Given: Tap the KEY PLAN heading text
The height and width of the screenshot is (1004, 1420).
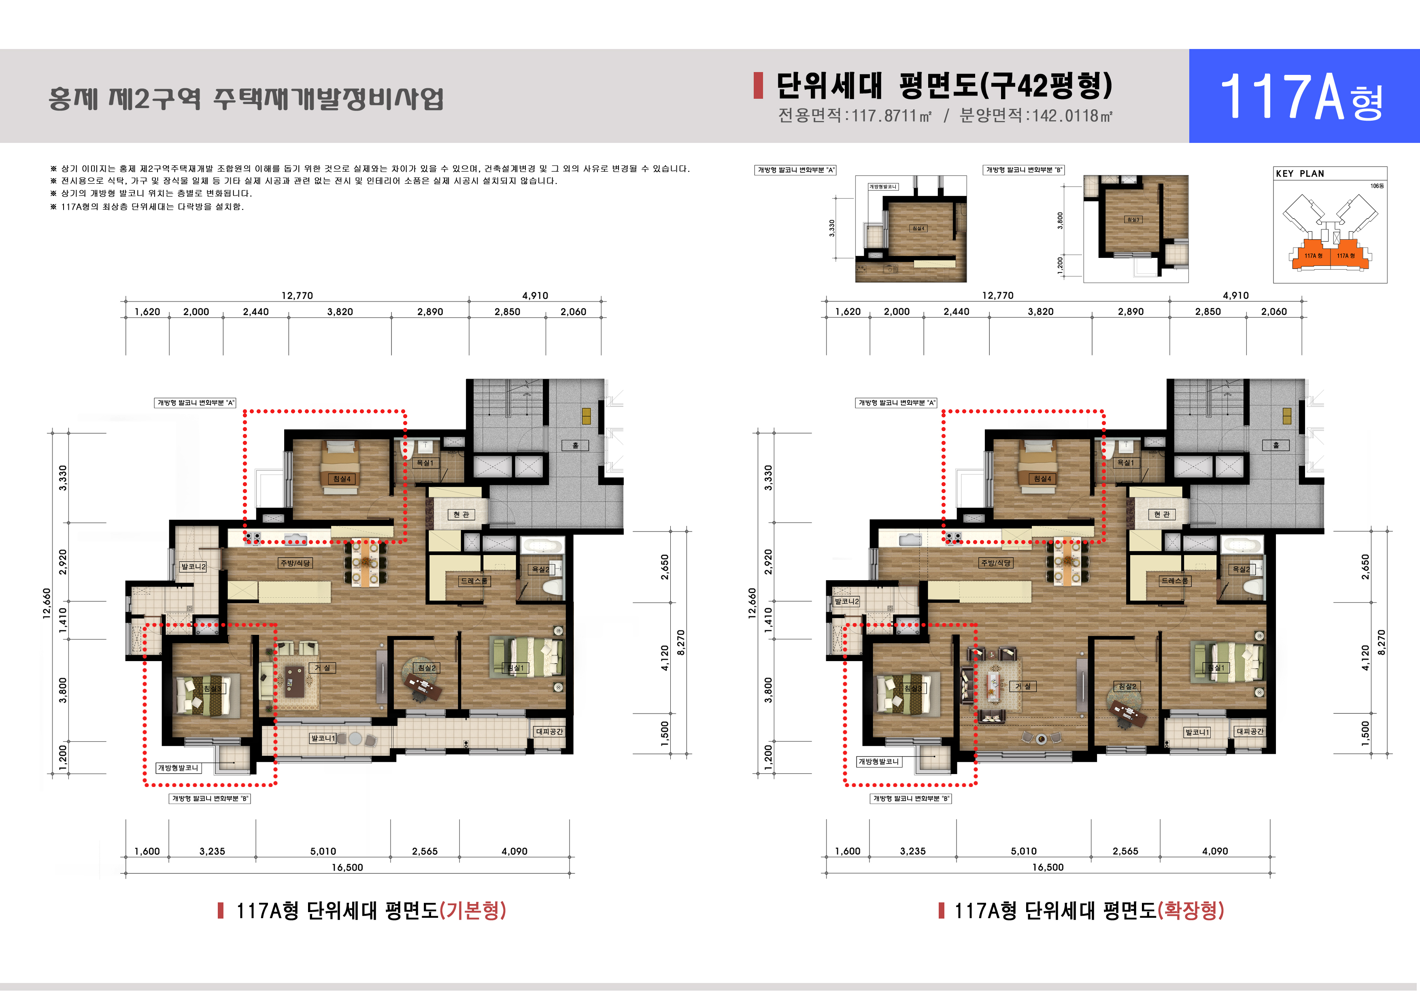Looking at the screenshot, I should (x=1299, y=174).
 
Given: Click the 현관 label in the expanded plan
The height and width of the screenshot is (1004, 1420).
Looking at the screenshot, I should (x=1161, y=515).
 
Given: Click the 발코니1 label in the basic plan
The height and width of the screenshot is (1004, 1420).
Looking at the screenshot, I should (x=323, y=738).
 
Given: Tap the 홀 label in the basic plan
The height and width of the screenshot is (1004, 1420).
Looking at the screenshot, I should (x=575, y=445).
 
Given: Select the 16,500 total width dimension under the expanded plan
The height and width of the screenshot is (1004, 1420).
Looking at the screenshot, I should (x=1048, y=867).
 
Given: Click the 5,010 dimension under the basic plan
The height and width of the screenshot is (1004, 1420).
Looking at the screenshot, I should (x=323, y=851).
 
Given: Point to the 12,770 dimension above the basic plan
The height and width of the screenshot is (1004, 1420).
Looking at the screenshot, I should (x=297, y=296).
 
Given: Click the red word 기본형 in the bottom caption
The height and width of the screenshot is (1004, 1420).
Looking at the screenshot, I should (x=472, y=910).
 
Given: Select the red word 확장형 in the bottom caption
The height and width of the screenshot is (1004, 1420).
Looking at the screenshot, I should (x=1190, y=910).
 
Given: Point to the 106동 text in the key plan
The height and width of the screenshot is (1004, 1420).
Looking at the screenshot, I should (x=1377, y=185).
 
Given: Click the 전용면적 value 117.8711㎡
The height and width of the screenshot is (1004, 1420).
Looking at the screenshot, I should (x=891, y=116).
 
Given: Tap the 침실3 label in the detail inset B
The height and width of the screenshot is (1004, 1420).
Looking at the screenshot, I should (x=1133, y=219).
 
